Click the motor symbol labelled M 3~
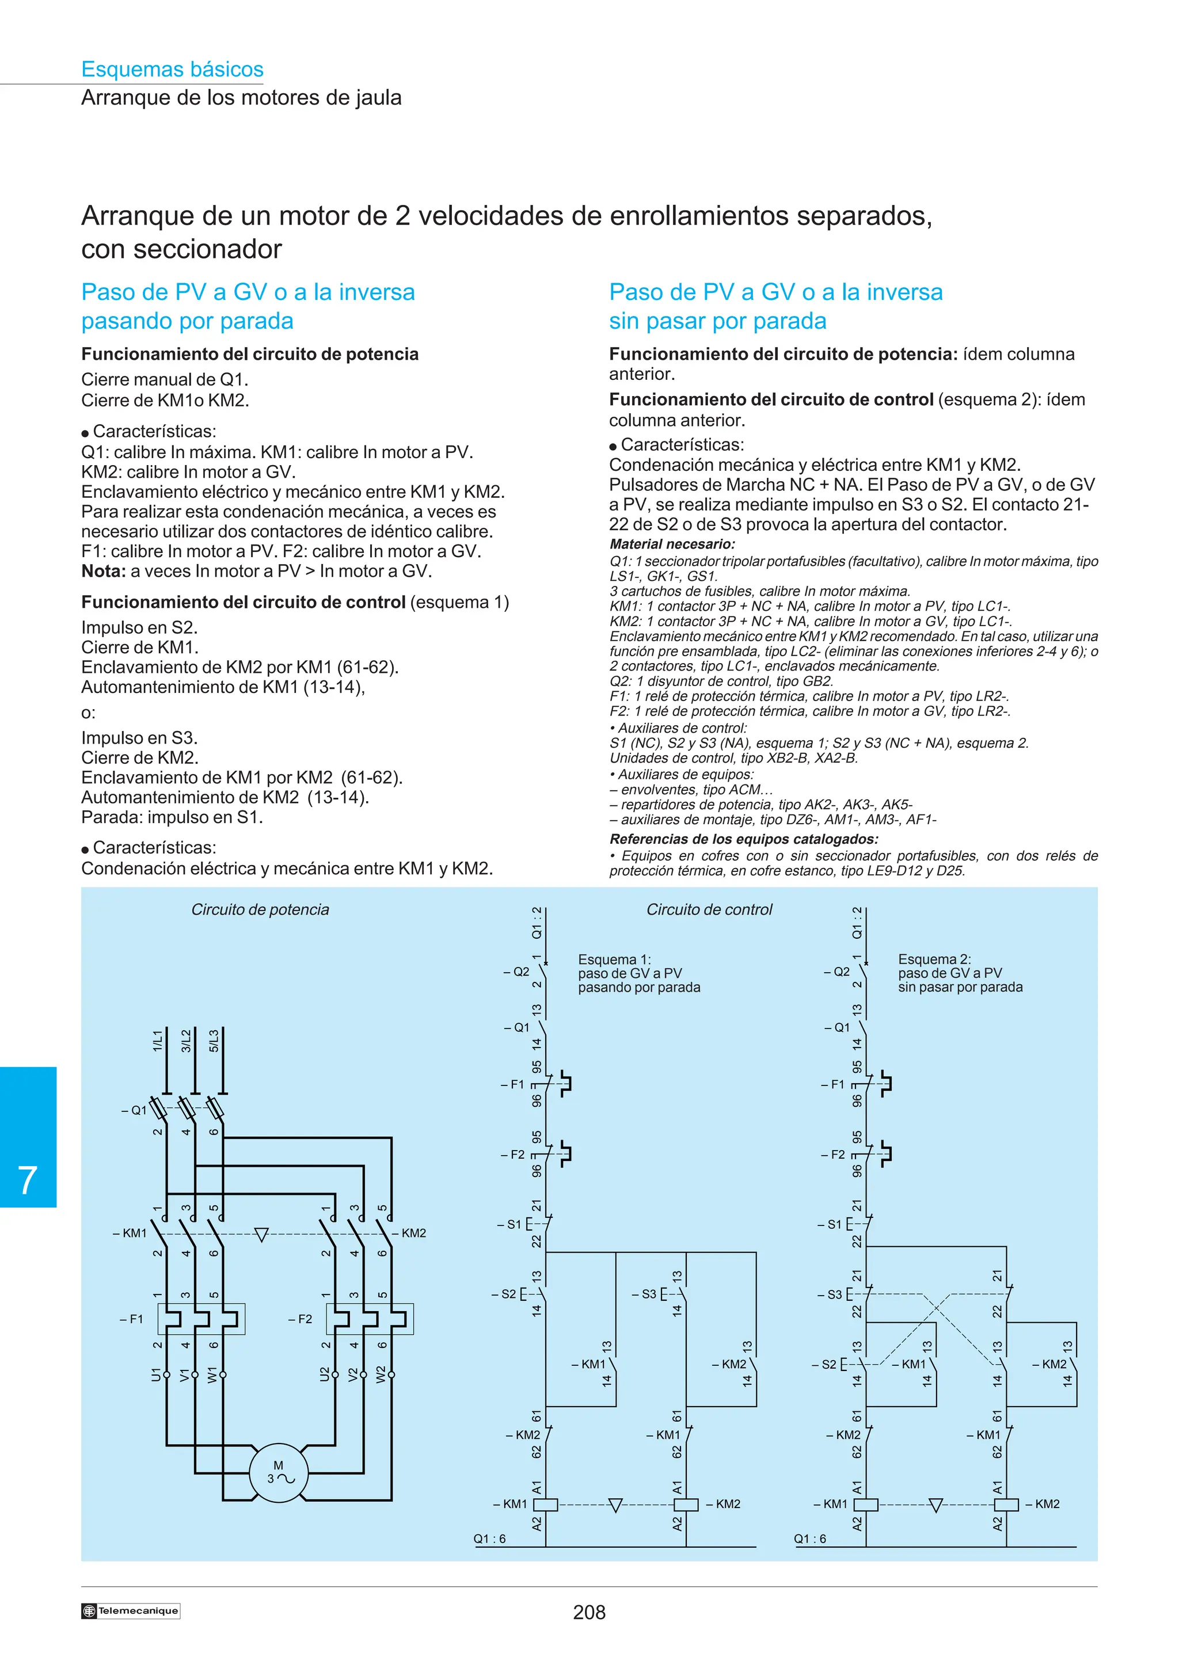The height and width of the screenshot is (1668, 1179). point(278,1472)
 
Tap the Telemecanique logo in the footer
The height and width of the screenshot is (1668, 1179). point(131,1610)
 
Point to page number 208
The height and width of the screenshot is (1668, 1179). point(589,1612)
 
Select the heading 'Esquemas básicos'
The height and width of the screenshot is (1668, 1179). point(172,69)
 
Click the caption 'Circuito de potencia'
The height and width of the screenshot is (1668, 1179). point(260,909)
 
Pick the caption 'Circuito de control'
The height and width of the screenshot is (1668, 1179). point(709,909)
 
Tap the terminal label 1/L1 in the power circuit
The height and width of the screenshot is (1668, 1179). point(158,1040)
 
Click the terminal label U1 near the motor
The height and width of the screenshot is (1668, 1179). point(155,1374)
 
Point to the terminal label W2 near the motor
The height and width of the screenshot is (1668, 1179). point(381,1374)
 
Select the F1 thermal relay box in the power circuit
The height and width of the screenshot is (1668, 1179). point(201,1319)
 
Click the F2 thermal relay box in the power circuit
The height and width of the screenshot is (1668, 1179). point(370,1319)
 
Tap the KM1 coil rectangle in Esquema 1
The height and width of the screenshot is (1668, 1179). point(546,1505)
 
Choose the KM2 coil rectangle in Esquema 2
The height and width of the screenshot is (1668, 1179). point(1006,1505)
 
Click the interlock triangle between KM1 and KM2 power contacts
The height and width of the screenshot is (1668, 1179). point(261,1234)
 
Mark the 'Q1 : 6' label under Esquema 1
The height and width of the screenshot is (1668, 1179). point(489,1538)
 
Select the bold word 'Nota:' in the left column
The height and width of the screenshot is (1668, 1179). point(103,571)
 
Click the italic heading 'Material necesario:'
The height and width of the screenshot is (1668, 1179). point(672,544)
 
